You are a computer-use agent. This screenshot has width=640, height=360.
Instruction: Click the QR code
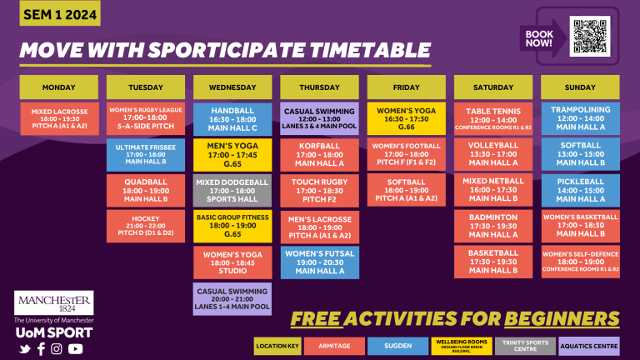click(x=590, y=36)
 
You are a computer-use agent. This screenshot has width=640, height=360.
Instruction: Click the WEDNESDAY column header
click(x=232, y=87)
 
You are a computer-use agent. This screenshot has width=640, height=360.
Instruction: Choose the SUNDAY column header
click(x=580, y=87)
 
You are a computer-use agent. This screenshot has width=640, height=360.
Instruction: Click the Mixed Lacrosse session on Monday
click(x=59, y=119)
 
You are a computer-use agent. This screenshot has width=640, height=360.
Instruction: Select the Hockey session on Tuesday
click(x=146, y=224)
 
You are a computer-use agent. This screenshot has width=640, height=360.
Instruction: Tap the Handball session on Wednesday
click(x=232, y=118)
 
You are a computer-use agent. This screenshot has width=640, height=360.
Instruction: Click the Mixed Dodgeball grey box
click(x=232, y=190)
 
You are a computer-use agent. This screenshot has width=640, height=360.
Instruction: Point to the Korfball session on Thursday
click(x=319, y=154)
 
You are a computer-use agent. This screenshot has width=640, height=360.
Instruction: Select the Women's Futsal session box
click(x=319, y=261)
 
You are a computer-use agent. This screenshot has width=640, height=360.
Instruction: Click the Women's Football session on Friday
click(x=407, y=154)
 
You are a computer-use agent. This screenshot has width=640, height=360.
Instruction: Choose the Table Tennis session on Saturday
click(x=493, y=117)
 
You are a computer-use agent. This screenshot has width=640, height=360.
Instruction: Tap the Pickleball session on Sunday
click(x=580, y=189)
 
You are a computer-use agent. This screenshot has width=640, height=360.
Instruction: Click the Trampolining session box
click(x=580, y=117)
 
